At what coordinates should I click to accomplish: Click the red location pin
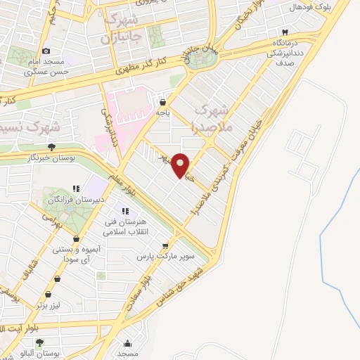click(x=181, y=165)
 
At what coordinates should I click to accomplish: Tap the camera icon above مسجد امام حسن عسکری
click(x=46, y=51)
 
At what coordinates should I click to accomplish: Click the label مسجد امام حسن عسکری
click(x=46, y=66)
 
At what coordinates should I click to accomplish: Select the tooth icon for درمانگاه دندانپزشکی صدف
click(x=285, y=33)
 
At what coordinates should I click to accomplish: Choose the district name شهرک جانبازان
click(x=125, y=28)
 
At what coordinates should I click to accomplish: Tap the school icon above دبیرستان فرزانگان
click(x=76, y=189)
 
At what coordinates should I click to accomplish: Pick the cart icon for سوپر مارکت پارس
click(x=165, y=246)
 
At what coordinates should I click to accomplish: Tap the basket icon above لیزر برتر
click(x=48, y=295)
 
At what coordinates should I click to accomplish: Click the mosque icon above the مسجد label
click(x=127, y=344)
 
